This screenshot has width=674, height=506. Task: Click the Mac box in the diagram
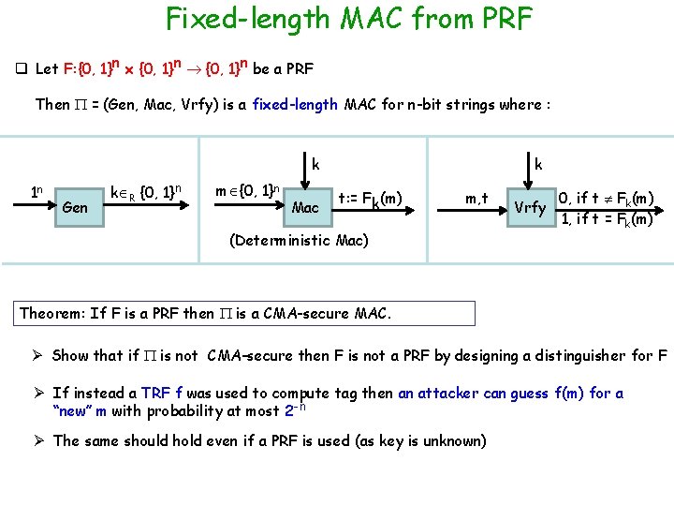tap(305, 205)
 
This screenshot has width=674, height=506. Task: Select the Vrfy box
tap(530, 207)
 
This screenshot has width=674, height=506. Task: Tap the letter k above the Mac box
tap(315, 164)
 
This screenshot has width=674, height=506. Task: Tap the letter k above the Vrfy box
tap(538, 164)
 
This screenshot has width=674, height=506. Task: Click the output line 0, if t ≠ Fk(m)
tap(605, 199)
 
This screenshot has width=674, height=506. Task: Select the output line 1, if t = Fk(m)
tap(605, 219)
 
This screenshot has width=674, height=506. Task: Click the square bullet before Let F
tap(20, 69)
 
